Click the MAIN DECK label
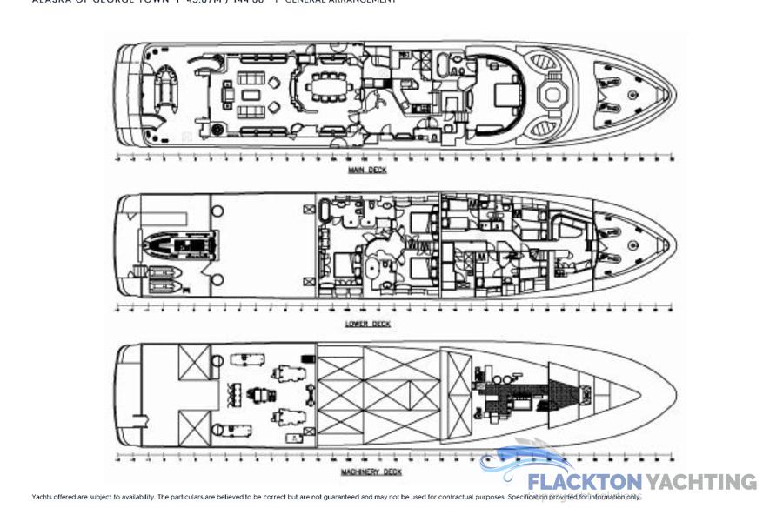click(367, 171)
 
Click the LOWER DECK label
click(367, 324)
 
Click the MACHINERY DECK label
click(371, 472)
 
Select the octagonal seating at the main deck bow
click(552, 93)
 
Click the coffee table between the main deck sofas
click(251, 95)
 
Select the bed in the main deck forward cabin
click(506, 93)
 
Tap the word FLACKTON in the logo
click(584, 482)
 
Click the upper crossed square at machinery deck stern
click(194, 362)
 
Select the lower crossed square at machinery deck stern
click(194, 428)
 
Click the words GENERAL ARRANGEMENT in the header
click(340, 2)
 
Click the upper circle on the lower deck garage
click(217, 211)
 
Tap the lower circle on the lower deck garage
click(217, 280)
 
